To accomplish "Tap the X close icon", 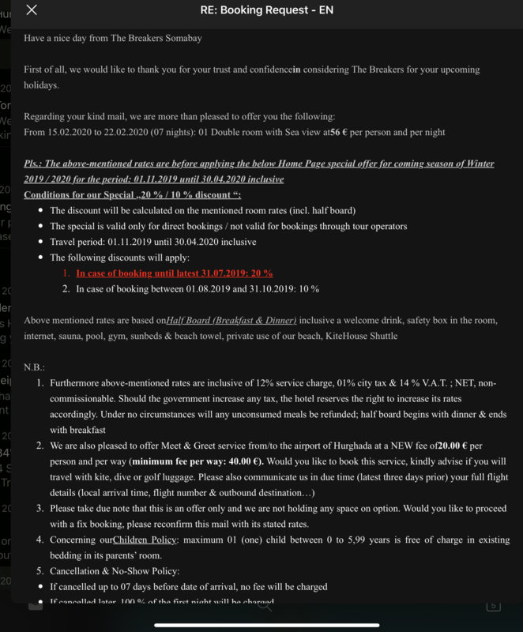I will click(32, 10).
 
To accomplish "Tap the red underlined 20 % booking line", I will click(175, 273).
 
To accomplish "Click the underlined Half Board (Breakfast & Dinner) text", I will click(231, 320).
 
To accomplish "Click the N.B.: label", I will click(35, 367).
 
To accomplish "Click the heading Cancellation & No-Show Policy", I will click(115, 570).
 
